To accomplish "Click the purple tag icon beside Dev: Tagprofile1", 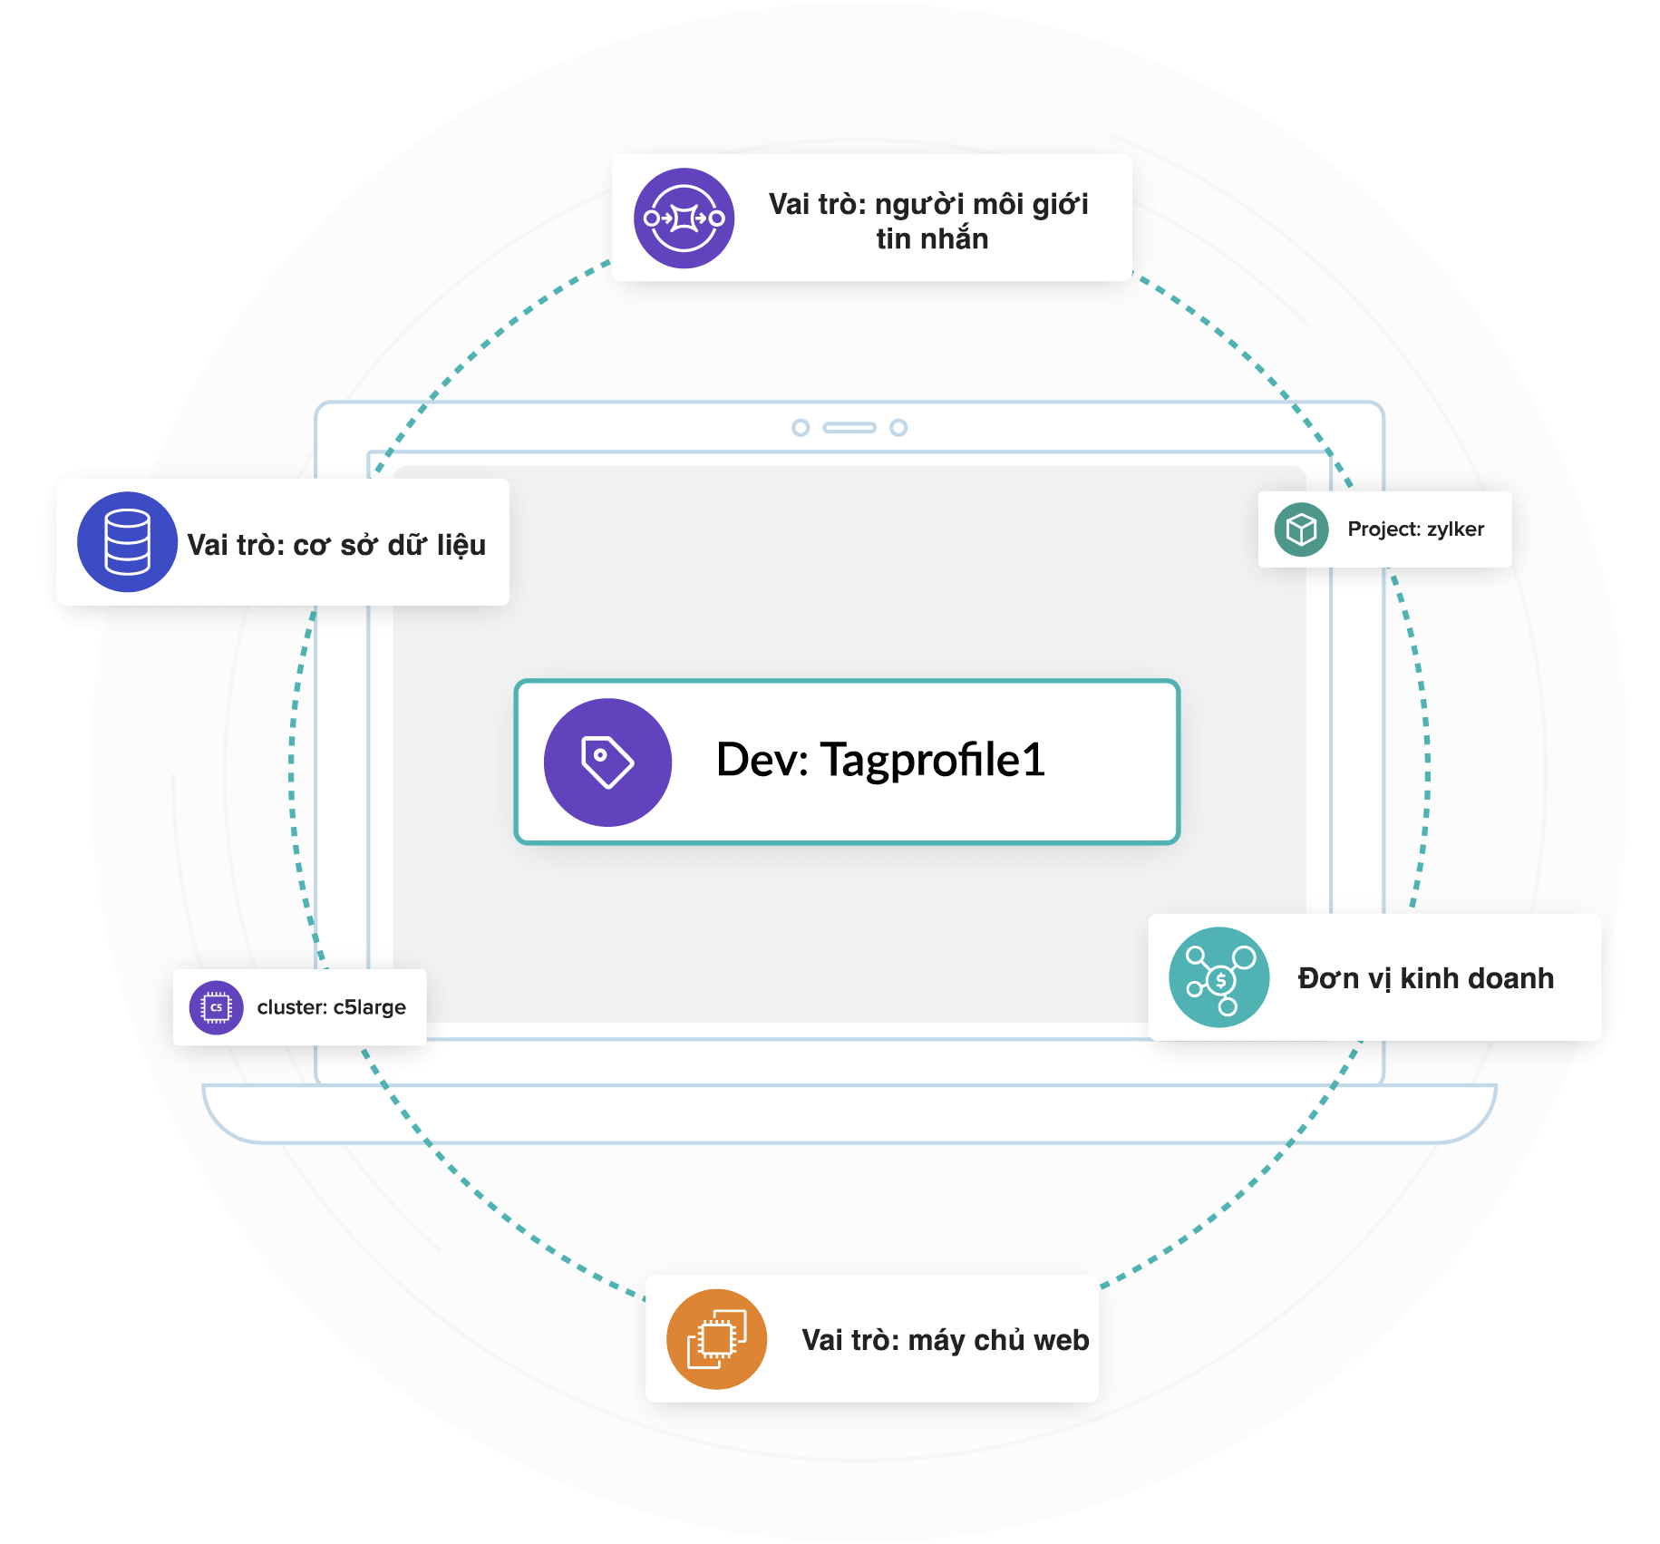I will (x=607, y=762).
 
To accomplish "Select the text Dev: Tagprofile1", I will (x=879, y=760).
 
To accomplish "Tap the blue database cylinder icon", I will (x=127, y=542).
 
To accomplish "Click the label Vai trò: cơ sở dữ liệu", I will (x=336, y=545).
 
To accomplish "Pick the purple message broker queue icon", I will (x=684, y=218).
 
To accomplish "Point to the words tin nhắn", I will (x=931, y=239).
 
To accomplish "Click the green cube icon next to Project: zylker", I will (x=1301, y=529).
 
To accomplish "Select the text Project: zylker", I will (x=1415, y=529).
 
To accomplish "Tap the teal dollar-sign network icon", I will (x=1219, y=977).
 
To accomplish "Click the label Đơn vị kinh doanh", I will (x=1425, y=978).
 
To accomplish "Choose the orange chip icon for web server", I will (x=716, y=1339).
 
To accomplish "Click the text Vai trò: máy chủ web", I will (x=945, y=1340).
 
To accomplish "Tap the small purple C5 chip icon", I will (x=216, y=1007).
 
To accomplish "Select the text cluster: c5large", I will (x=331, y=1007).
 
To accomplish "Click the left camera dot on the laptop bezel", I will (x=801, y=427).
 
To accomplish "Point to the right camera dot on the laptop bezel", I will (x=898, y=427).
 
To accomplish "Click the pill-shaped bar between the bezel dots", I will (x=849, y=427).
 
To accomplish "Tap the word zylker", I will (x=1455, y=529).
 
